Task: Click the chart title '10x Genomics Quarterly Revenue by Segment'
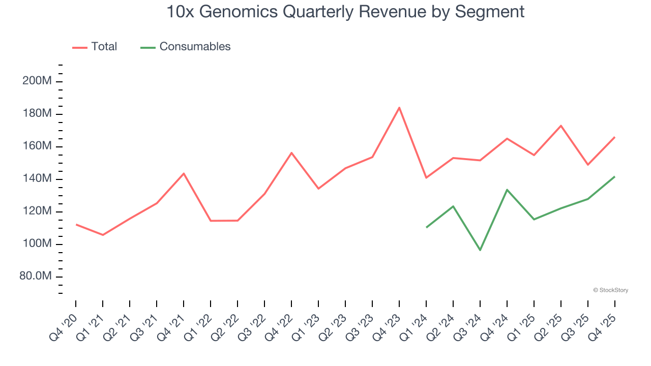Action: (x=345, y=12)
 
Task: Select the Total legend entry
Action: (x=95, y=47)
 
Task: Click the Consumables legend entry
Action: (x=186, y=47)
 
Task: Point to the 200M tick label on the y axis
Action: (x=37, y=81)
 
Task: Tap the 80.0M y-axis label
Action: (x=35, y=277)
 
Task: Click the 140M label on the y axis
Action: (x=37, y=179)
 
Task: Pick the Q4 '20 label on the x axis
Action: (x=63, y=327)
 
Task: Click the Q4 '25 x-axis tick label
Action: (x=602, y=327)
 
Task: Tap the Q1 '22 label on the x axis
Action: (x=197, y=327)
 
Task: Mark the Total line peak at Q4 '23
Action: (x=399, y=107)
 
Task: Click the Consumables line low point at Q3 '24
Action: (x=480, y=250)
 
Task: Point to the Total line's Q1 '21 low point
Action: (x=103, y=235)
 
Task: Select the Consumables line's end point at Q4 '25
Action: (x=615, y=176)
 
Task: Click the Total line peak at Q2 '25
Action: (x=561, y=126)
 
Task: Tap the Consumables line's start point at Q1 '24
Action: (x=426, y=227)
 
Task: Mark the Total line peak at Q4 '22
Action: (x=291, y=152)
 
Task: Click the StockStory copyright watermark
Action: (x=610, y=290)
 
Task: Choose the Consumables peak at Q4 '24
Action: (x=507, y=190)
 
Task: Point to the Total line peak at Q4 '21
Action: (x=184, y=173)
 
